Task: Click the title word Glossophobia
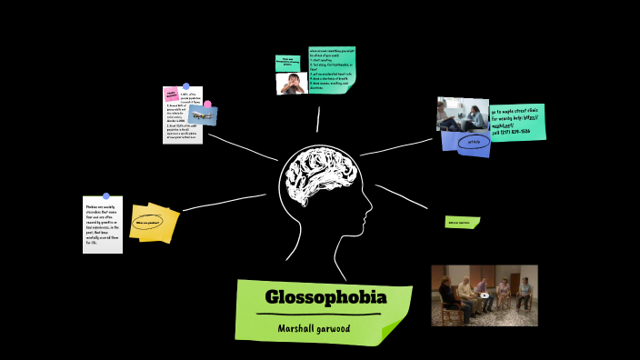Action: click(x=325, y=297)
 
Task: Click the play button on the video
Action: click(x=484, y=295)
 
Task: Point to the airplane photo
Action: click(x=203, y=115)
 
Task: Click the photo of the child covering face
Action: click(x=291, y=85)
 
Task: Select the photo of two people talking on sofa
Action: click(x=462, y=114)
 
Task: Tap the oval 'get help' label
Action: click(x=474, y=142)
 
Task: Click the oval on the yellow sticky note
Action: click(x=147, y=222)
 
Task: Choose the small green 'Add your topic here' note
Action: click(x=462, y=222)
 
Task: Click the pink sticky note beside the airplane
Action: click(x=171, y=94)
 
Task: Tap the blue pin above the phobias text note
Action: click(x=106, y=195)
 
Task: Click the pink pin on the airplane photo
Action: click(x=207, y=104)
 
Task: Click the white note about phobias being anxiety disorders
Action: click(x=102, y=225)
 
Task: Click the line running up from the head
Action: click(x=318, y=119)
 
